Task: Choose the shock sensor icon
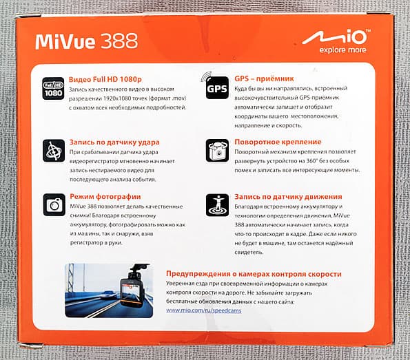[53, 150]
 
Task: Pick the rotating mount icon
[216, 149]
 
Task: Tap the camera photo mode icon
[53, 204]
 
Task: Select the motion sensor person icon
[216, 204]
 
